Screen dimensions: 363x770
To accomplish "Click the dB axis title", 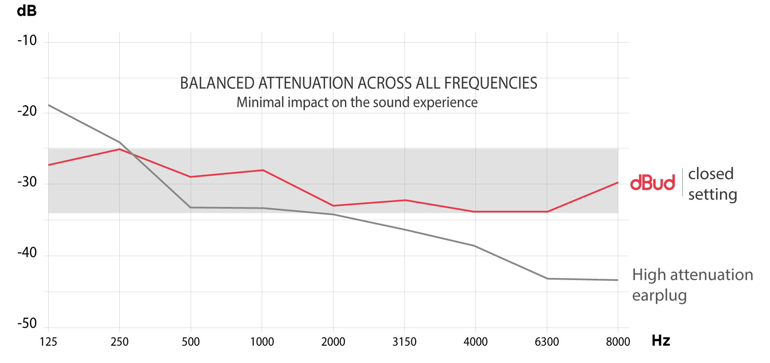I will (27, 11).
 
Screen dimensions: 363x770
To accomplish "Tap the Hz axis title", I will (661, 341).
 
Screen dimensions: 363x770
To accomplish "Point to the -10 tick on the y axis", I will (27, 41).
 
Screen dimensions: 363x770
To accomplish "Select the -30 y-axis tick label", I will (27, 182).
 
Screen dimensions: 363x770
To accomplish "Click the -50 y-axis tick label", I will (27, 323).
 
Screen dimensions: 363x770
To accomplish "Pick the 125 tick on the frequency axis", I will (48, 342).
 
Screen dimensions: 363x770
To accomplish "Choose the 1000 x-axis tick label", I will (262, 342).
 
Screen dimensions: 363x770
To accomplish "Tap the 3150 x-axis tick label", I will (404, 342).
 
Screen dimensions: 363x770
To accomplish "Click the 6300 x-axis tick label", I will (547, 342).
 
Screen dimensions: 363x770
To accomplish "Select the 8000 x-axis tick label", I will (618, 342).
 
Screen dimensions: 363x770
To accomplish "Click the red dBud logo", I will (652, 183).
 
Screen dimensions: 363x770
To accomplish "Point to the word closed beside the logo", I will (711, 174).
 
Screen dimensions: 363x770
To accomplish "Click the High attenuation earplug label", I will (692, 285).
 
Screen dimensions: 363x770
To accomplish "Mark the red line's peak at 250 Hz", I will (120, 149).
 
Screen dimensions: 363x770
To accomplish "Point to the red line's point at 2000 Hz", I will (333, 206).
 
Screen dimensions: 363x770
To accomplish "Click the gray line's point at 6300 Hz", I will (547, 279).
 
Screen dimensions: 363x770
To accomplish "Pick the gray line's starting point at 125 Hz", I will (49, 105).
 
